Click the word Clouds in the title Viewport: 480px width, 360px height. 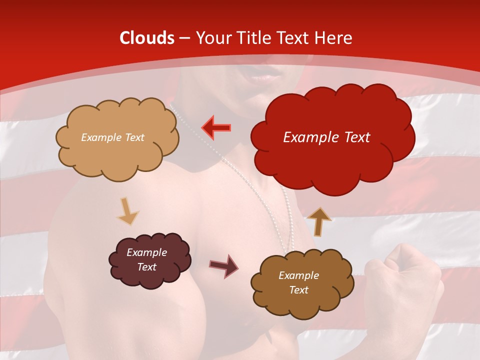[x=147, y=38]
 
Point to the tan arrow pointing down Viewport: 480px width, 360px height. [x=127, y=211]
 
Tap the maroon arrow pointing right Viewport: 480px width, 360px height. [x=223, y=265]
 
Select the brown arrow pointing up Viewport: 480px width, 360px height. [x=319, y=221]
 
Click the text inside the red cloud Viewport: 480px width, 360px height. [x=326, y=137]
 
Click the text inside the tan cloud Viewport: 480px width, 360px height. [x=112, y=137]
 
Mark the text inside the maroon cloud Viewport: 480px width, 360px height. [x=146, y=260]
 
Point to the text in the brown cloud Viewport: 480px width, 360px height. [x=298, y=282]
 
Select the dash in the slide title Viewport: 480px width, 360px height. [x=183, y=38]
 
